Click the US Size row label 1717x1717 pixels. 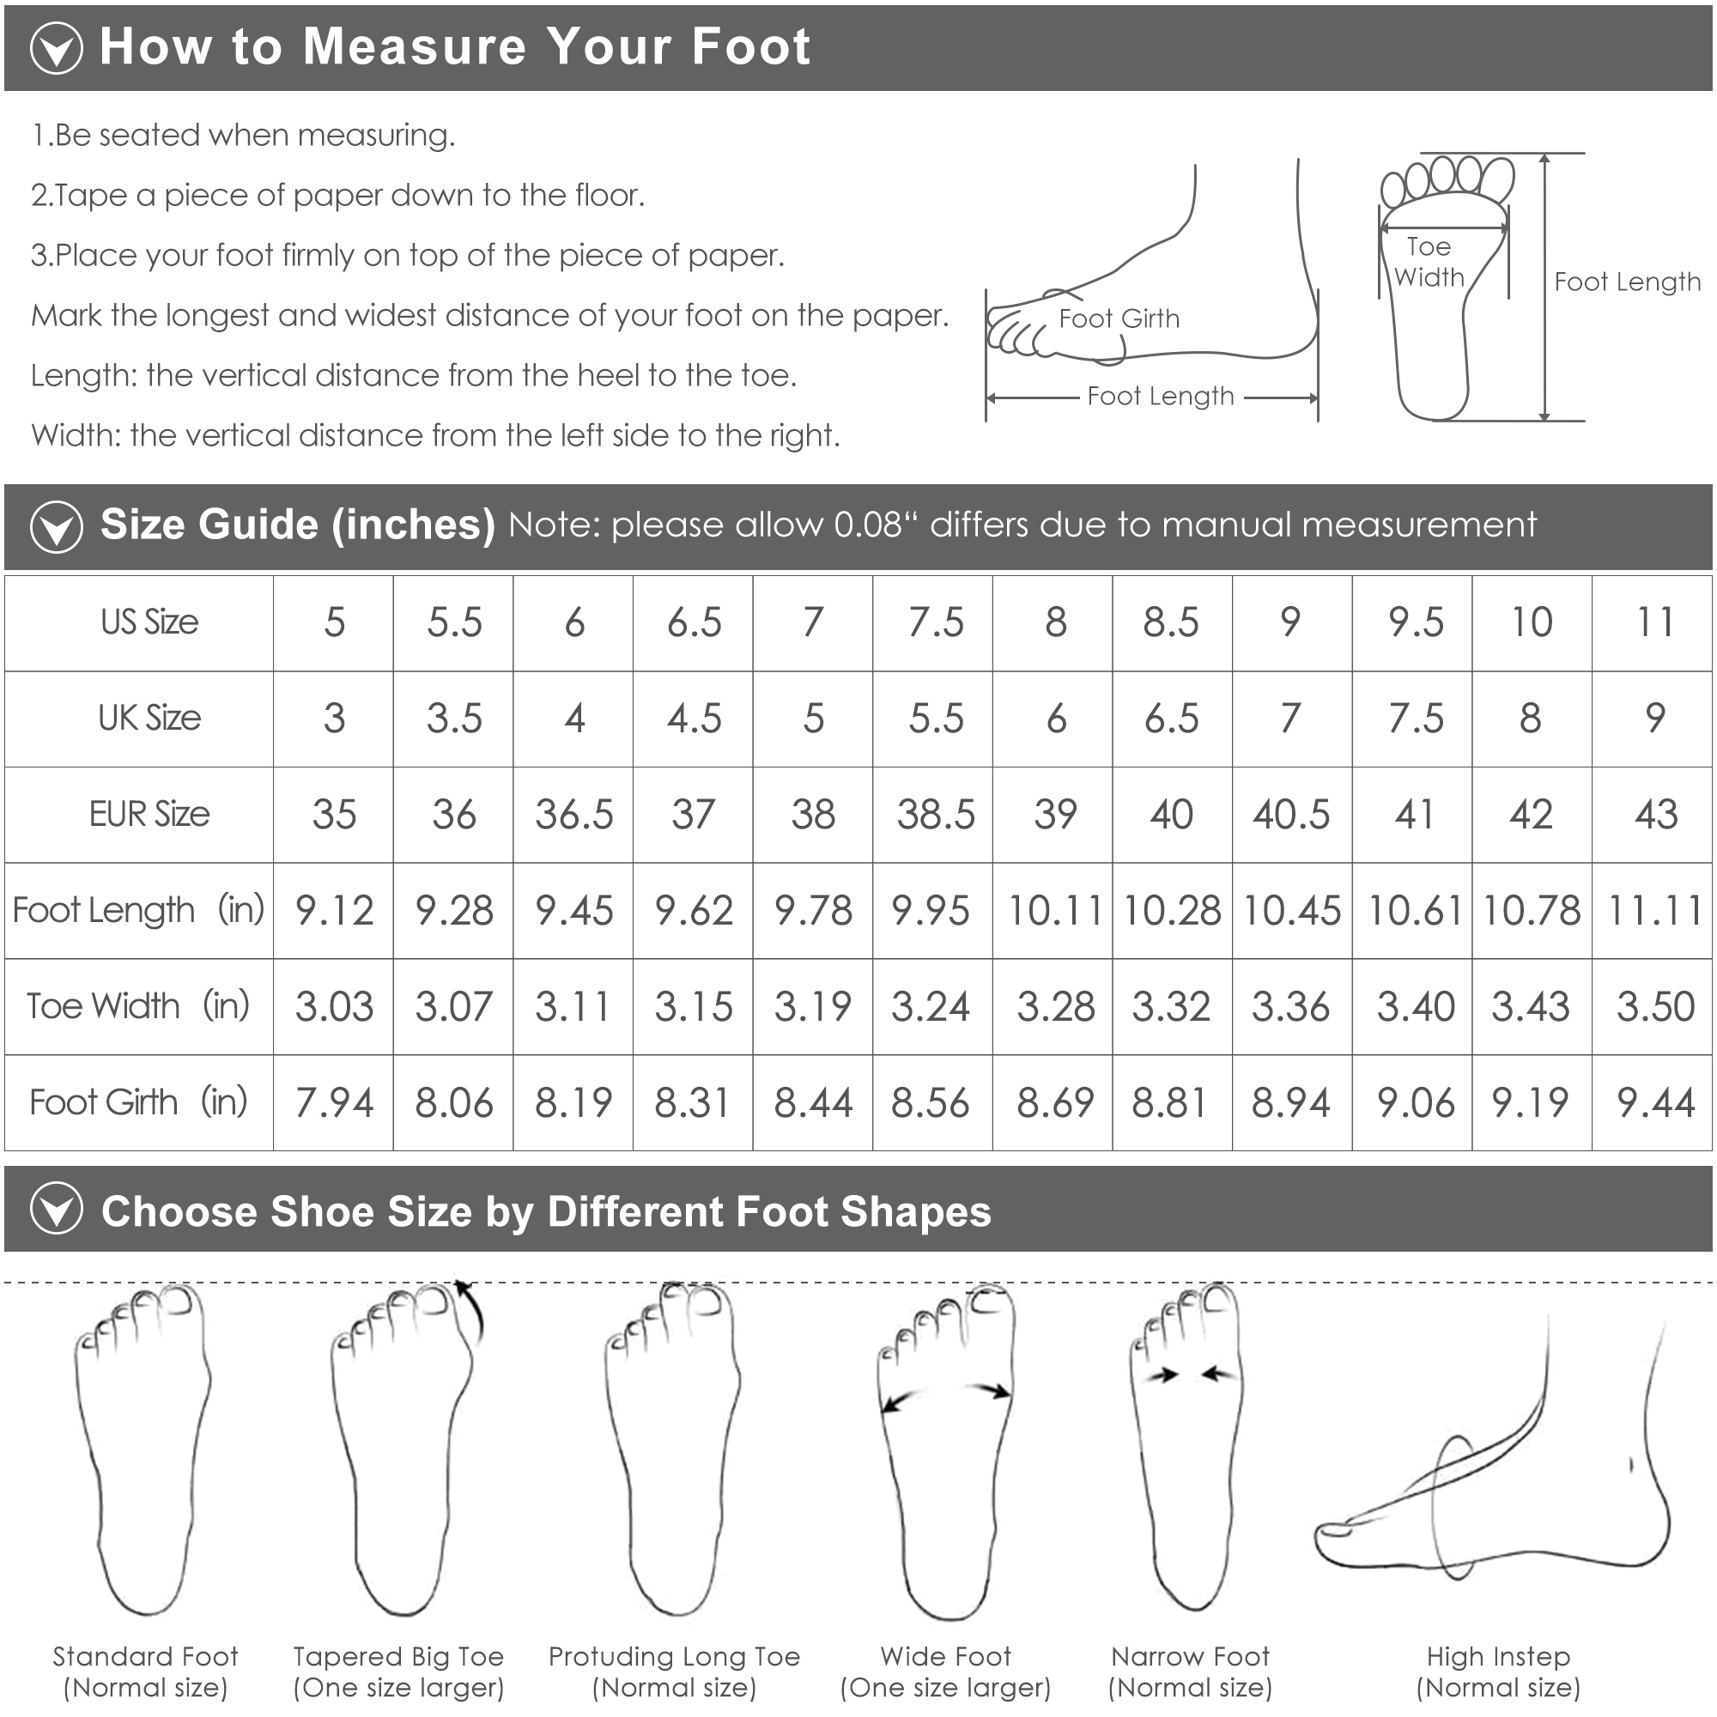coord(149,622)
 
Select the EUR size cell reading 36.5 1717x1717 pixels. coord(574,814)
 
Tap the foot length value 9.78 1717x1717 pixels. coord(813,910)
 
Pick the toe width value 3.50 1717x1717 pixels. coord(1656,1006)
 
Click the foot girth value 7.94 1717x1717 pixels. coord(334,1102)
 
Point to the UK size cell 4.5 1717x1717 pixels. coord(694,718)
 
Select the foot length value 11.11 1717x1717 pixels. coord(1655,910)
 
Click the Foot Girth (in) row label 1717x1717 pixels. coord(138,1102)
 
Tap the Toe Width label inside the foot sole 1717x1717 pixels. coord(1429,262)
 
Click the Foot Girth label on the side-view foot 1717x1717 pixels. coord(1119,319)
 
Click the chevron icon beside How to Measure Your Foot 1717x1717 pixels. coord(57,48)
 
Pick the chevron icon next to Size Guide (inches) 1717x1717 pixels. coord(57,526)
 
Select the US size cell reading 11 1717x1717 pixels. coord(1655,622)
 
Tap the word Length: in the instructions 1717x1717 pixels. coord(82,376)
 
